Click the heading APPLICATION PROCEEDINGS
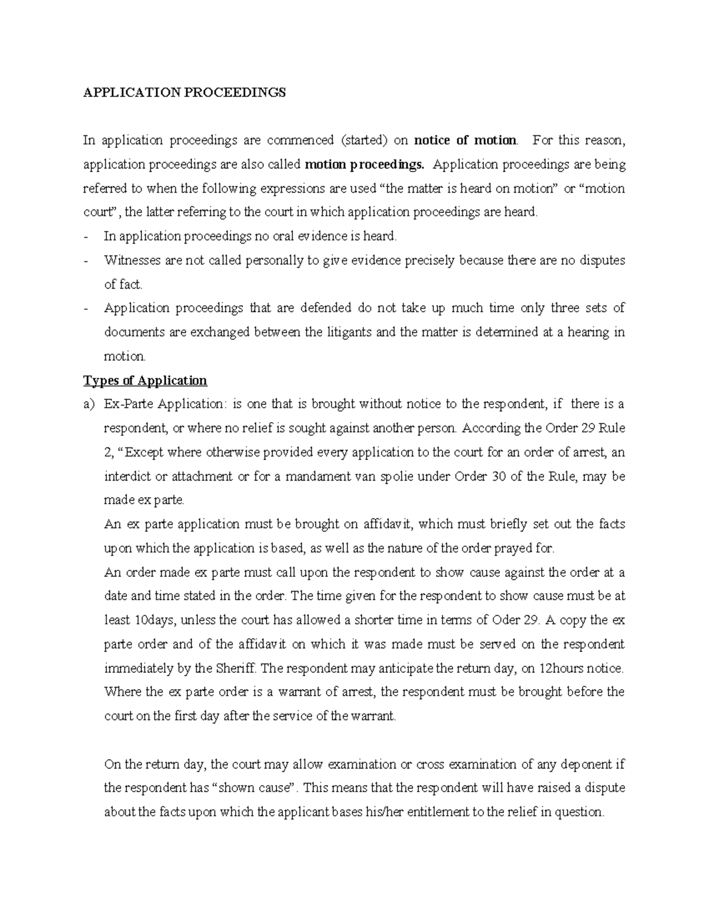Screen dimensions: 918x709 [184, 93]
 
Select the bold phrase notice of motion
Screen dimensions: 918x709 [465, 140]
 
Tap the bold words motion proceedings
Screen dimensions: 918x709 [367, 164]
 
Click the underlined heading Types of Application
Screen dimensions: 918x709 [145, 380]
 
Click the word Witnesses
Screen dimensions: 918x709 [131, 260]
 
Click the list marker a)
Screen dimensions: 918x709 [89, 404]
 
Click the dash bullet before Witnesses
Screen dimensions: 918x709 [87, 260]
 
